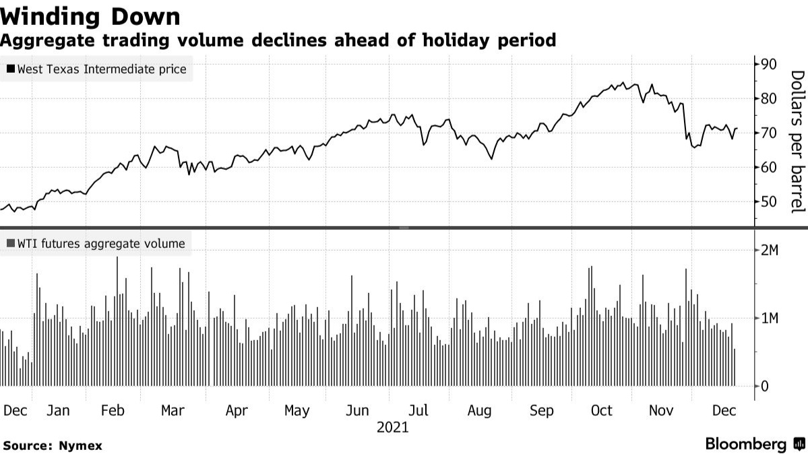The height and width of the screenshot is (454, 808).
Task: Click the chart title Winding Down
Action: [x=90, y=16]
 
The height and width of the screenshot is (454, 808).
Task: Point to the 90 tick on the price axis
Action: [x=769, y=64]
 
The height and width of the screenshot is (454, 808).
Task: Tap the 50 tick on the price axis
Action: [x=769, y=201]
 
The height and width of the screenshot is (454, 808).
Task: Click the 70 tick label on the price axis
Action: [x=769, y=133]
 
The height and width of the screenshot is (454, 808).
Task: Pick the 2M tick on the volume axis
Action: [x=769, y=251]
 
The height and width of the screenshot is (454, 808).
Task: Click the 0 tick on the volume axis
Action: [x=764, y=387]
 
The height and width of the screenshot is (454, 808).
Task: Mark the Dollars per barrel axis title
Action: [x=797, y=141]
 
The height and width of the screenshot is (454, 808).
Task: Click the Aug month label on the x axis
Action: [x=479, y=410]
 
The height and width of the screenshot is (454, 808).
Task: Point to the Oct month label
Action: [x=601, y=410]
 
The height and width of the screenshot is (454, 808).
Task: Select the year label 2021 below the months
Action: [x=392, y=427]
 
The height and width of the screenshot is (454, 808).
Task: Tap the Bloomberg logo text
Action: [x=746, y=444]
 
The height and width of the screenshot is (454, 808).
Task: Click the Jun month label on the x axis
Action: [x=356, y=410]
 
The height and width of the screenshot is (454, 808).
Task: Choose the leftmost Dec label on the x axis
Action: [x=15, y=410]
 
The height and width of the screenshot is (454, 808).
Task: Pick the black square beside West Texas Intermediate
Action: [x=11, y=69]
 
